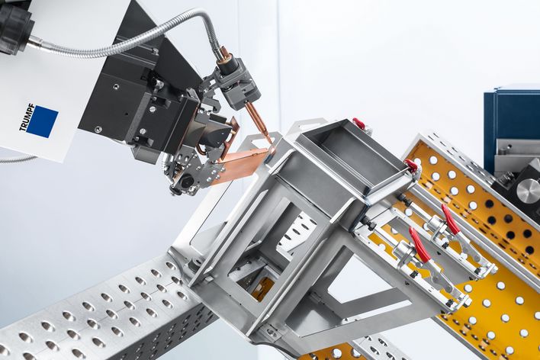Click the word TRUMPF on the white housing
tap(27, 117)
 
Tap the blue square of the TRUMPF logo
tap(42, 121)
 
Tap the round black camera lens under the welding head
tap(187, 181)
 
